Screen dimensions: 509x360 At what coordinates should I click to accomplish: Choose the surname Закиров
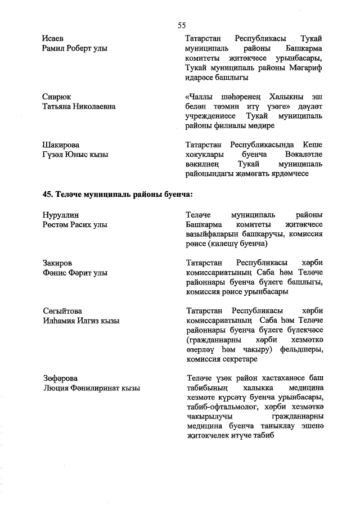point(57,263)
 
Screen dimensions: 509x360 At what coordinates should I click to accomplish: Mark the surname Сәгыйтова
point(62,310)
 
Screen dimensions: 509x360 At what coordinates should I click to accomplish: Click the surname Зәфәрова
point(60,377)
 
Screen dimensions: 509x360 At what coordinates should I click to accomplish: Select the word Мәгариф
point(305,67)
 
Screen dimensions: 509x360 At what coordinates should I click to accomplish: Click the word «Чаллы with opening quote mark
point(201,96)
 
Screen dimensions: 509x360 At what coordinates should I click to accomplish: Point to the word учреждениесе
point(211,116)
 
